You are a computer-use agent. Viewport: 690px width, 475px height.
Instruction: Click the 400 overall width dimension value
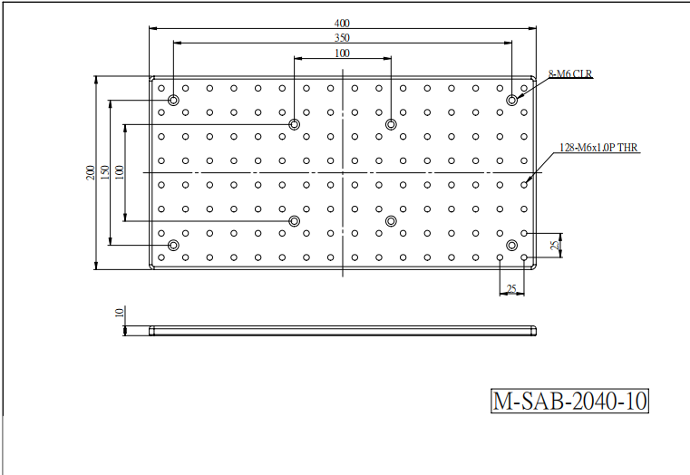(x=342, y=23)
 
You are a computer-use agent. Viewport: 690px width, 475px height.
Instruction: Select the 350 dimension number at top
(x=342, y=38)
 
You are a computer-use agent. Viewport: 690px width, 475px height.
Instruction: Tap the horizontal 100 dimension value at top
(x=342, y=53)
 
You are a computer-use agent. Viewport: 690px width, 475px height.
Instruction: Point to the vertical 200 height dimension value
(x=90, y=172)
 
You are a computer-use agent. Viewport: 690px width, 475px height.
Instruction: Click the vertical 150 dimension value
(x=105, y=172)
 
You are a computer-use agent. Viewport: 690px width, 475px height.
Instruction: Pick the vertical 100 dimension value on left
(x=120, y=172)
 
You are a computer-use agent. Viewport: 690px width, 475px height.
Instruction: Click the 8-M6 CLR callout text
(x=570, y=74)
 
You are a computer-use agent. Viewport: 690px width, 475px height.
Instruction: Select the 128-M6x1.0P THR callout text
(x=598, y=148)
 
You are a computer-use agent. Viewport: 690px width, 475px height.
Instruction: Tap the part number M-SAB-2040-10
(x=570, y=401)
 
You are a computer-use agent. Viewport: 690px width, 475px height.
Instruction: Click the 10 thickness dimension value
(x=120, y=313)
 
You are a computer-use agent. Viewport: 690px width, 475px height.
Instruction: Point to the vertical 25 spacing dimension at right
(x=556, y=245)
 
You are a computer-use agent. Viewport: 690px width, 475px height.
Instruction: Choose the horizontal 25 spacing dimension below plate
(x=511, y=289)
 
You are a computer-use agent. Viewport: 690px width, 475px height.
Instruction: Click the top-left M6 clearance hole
(x=174, y=101)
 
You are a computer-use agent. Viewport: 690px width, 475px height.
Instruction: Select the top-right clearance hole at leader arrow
(x=511, y=101)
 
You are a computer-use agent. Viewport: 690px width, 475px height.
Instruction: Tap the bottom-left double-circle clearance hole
(x=174, y=245)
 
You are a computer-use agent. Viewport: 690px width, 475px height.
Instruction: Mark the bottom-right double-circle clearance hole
(x=511, y=245)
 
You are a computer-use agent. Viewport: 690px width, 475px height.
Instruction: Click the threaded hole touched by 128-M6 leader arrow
(x=524, y=185)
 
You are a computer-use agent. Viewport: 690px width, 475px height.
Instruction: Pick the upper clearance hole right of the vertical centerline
(x=391, y=124)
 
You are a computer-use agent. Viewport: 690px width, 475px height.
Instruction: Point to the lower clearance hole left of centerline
(x=295, y=221)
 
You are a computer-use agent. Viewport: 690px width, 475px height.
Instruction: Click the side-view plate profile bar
(x=343, y=331)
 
